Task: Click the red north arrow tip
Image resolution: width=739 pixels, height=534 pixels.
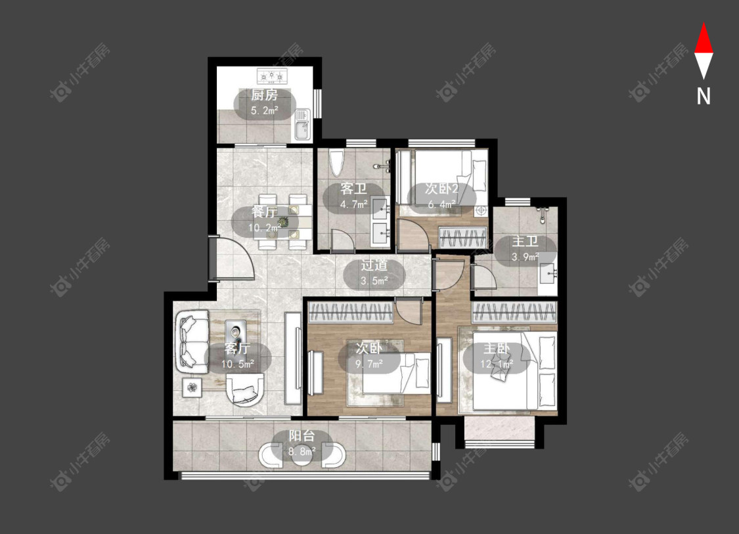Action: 704,23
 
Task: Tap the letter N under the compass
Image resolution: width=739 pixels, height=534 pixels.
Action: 704,96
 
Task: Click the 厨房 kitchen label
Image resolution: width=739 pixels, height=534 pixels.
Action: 264,95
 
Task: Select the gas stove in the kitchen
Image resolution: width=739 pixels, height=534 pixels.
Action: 272,76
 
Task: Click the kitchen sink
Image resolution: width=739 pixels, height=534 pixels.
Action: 303,124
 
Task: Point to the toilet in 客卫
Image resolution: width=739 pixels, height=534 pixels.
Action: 337,163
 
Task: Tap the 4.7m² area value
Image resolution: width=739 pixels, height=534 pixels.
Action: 354,204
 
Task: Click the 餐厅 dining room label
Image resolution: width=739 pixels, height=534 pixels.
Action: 265,213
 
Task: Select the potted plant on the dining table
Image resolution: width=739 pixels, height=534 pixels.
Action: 282,222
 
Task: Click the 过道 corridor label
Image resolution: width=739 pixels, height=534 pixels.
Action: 374,265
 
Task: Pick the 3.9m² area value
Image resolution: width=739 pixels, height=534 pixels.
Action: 525,257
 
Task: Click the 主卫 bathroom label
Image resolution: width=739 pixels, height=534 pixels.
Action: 525,242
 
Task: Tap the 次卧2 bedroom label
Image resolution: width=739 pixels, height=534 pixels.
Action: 441,189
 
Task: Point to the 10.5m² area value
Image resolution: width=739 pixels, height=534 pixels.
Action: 238,364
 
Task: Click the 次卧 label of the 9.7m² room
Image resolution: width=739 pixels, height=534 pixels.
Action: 369,348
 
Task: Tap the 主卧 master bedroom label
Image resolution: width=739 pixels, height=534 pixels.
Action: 497,349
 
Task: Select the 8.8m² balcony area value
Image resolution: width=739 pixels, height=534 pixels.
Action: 302,451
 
